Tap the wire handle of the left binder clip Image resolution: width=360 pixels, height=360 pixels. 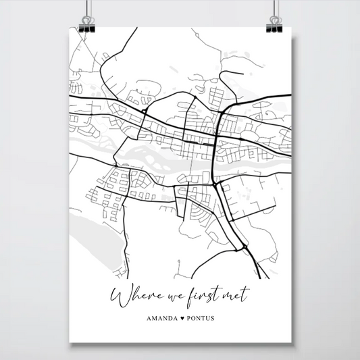coord(88,11)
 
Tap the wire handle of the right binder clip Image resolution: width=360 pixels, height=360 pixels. coord(274,11)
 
